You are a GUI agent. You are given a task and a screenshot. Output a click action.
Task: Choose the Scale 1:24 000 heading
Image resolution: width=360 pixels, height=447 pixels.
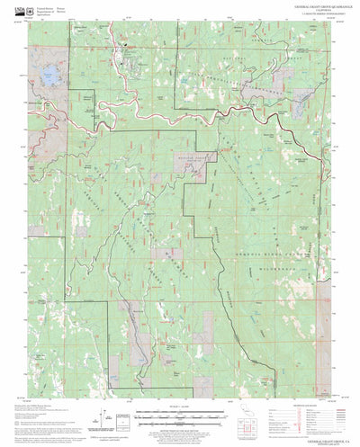[180, 407]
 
